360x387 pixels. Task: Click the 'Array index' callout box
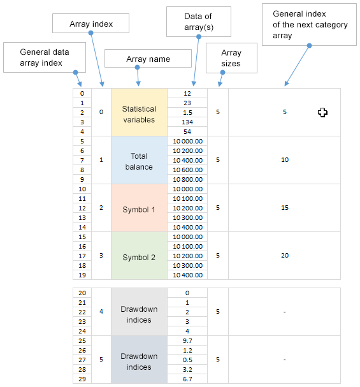(x=90, y=23)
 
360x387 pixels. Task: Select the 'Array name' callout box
(x=148, y=58)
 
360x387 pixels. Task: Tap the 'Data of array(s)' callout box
(x=199, y=22)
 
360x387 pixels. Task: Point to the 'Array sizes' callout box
(x=231, y=58)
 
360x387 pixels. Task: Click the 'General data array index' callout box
(x=45, y=57)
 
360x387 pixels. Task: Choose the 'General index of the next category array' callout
(x=309, y=24)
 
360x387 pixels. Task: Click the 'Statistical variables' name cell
(x=139, y=112)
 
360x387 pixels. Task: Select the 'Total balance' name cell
(x=139, y=160)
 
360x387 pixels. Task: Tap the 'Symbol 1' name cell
(x=139, y=208)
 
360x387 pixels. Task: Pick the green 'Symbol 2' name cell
(x=139, y=256)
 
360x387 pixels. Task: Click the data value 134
(x=187, y=122)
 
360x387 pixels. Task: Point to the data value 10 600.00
(x=187, y=170)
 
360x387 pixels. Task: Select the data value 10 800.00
(x=187, y=179)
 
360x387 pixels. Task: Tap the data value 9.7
(x=187, y=341)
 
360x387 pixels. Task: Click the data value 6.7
(x=187, y=379)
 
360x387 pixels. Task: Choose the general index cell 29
(x=82, y=379)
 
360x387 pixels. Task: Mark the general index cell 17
(x=82, y=256)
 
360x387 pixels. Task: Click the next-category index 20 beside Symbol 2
(x=285, y=256)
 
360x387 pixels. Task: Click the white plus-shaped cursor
(x=322, y=113)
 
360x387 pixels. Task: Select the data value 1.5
(x=187, y=113)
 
